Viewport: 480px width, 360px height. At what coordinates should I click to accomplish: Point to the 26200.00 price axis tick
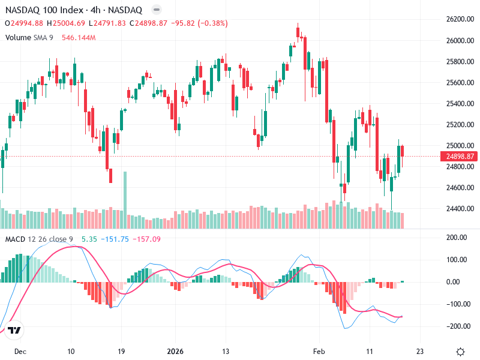[x=460, y=19]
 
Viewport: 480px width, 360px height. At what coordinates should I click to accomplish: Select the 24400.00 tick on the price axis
[x=460, y=209]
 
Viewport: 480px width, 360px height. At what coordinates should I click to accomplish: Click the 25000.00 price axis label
[x=460, y=146]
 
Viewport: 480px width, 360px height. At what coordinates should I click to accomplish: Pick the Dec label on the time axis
[x=20, y=352]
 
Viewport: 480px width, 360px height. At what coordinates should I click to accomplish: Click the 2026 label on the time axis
[x=175, y=352]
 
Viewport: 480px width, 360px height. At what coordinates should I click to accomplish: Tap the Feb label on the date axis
[x=319, y=352]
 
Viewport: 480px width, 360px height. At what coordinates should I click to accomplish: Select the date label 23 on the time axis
[x=420, y=352]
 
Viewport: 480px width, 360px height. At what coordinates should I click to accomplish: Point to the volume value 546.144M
[x=79, y=37]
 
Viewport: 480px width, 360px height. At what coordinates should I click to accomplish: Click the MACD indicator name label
[x=16, y=239]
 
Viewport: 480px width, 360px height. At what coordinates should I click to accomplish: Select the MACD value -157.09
[x=147, y=239]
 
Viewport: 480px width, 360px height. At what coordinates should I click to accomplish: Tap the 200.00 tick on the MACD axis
[x=459, y=238]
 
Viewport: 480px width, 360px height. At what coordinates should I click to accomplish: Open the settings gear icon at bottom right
[x=460, y=352]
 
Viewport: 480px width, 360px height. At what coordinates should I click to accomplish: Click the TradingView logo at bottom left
[x=14, y=331]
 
